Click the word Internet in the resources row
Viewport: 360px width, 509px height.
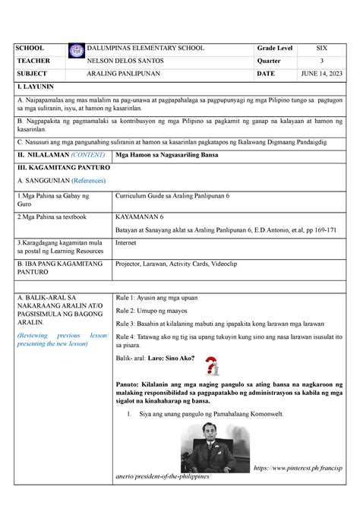pos(125,244)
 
